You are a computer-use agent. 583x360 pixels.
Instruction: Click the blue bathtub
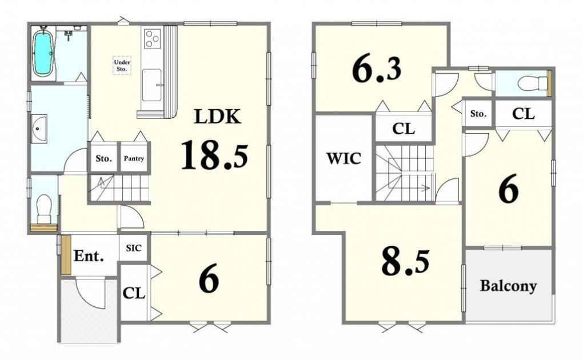coord(43,53)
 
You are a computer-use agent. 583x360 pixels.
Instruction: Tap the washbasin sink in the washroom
coord(39,128)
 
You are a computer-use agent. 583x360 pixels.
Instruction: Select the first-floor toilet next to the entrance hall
coord(44,208)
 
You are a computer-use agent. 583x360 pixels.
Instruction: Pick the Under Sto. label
coord(122,66)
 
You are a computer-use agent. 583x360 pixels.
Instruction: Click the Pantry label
coord(134,158)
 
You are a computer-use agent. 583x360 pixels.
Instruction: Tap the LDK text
coord(218,117)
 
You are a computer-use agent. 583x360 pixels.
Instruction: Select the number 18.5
coord(214,154)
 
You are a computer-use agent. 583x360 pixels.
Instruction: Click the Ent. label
coord(89,256)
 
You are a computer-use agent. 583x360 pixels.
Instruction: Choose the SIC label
coord(134,247)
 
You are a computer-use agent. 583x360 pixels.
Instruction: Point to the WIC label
coord(344,158)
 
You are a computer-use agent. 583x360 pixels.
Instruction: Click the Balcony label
coord(508,286)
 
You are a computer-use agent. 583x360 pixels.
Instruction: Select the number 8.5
coord(405,262)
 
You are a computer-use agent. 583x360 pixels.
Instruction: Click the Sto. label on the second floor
coord(478,114)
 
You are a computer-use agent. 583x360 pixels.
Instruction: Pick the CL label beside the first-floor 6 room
coord(134,294)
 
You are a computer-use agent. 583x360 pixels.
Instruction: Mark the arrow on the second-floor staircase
coord(410,188)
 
